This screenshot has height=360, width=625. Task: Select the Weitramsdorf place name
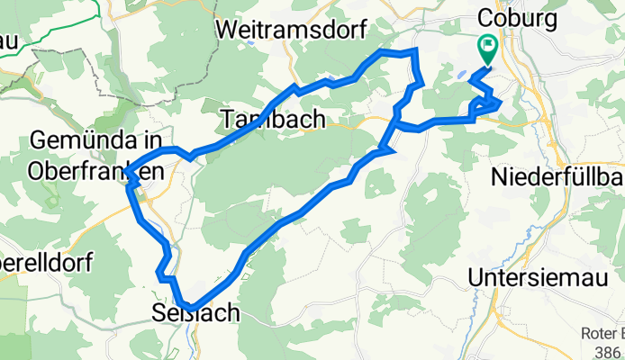(291, 29)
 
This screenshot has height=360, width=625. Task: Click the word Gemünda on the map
(95, 140)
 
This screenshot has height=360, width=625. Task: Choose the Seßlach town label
(195, 313)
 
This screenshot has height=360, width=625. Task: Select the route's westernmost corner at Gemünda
(127, 172)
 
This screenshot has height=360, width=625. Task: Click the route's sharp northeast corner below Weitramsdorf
(415, 53)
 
